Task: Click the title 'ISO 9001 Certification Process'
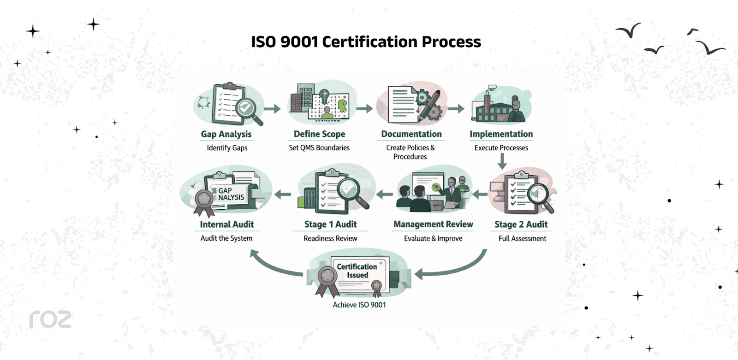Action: click(366, 42)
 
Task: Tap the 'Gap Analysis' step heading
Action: click(226, 134)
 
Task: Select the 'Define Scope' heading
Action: click(319, 134)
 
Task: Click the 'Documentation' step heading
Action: click(411, 134)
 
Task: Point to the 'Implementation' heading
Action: click(501, 134)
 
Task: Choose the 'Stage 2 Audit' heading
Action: click(521, 224)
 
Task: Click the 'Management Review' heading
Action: click(433, 224)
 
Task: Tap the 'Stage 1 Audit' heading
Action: click(330, 224)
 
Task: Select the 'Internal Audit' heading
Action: click(226, 224)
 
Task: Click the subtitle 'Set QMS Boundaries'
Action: click(319, 148)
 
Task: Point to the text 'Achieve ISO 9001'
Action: click(359, 305)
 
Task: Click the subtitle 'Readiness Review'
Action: click(330, 238)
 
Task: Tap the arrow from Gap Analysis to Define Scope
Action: click(272, 109)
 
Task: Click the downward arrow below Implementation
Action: click(502, 161)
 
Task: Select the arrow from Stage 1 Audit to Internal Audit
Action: click(283, 195)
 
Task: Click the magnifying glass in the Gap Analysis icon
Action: click(248, 110)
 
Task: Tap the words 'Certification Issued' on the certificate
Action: click(357, 271)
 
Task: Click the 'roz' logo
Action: click(50, 319)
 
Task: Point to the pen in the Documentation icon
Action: click(428, 106)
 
